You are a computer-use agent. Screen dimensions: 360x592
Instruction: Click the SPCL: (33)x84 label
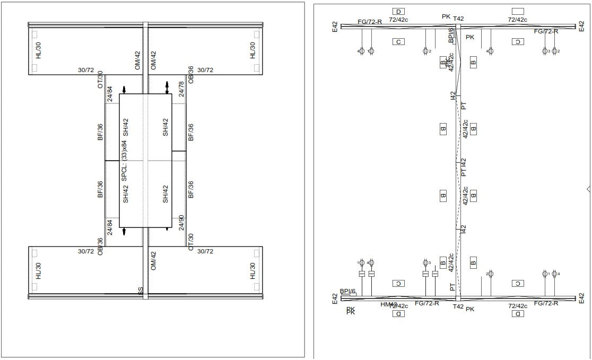coord(124,160)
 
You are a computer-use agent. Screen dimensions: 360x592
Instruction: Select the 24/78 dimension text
coord(181,89)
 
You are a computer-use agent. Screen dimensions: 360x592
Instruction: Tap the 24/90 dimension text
coord(181,223)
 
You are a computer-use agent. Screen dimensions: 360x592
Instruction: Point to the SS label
coord(141,291)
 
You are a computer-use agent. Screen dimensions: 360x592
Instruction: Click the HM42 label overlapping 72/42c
coord(389,304)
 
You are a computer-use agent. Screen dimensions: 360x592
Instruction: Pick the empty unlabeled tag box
coord(518,11)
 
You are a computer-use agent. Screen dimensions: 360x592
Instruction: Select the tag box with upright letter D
coord(398,11)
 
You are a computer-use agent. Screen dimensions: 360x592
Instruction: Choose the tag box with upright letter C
coord(398,41)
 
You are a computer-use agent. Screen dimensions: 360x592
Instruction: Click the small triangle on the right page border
coord(588,189)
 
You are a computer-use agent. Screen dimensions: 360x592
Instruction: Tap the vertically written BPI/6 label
coord(451,35)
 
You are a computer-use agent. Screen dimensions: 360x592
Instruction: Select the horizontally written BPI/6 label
coord(348,291)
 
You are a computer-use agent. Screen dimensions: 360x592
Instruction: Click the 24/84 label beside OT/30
coord(110,94)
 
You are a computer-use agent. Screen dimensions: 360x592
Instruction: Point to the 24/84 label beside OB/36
coord(110,227)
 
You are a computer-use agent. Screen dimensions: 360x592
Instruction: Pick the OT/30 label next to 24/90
coord(191,241)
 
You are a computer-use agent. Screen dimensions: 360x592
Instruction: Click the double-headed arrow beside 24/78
coord(167,88)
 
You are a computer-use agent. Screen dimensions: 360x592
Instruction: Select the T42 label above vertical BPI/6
coord(458,19)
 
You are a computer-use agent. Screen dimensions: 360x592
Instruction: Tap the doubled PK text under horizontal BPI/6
coord(351,311)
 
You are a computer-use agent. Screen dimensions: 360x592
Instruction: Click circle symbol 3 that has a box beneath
coord(425,262)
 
